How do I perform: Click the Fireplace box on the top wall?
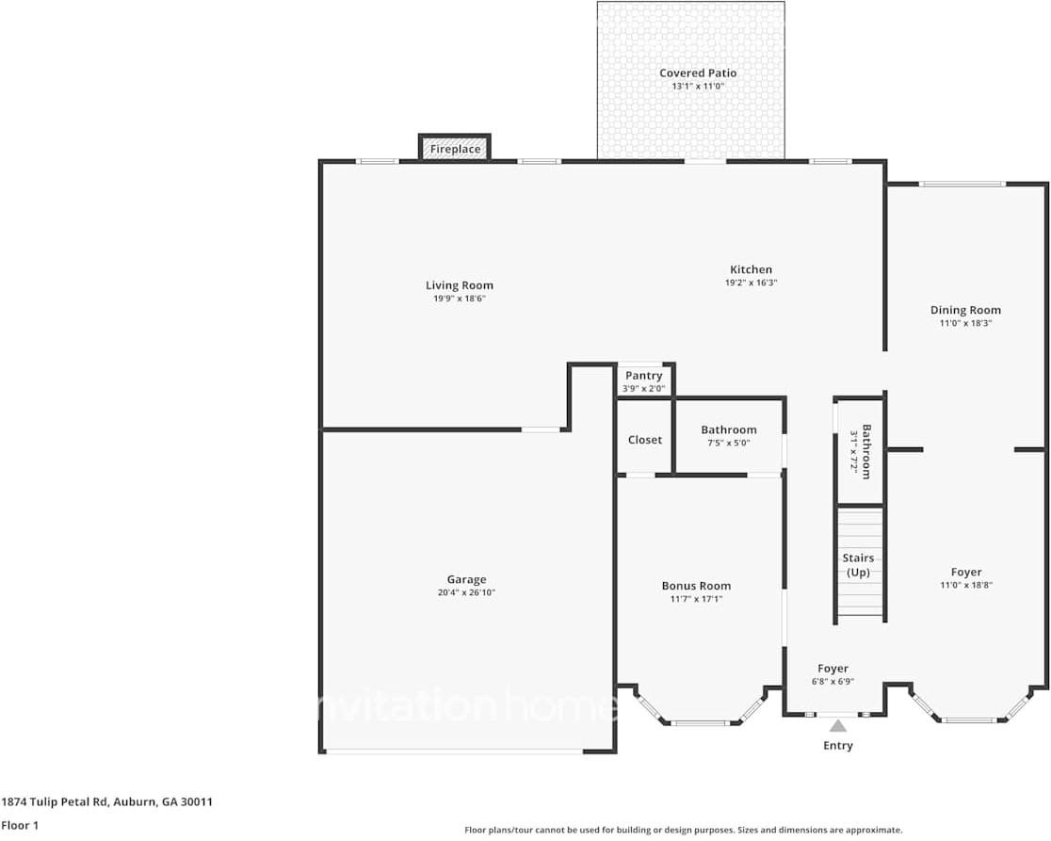[455, 149]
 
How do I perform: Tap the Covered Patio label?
[697, 73]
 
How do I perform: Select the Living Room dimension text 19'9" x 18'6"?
[459, 299]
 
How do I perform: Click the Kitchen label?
[751, 269]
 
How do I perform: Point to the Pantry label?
[643, 376]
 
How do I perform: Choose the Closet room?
[645, 440]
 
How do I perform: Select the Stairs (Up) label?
[858, 565]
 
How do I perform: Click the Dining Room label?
[965, 310]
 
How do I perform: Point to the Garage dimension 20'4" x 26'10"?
[466, 593]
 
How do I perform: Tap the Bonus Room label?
[696, 586]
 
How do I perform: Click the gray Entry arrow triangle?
[837, 725]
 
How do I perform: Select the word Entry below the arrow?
[837, 746]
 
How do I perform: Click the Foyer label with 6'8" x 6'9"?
[833, 669]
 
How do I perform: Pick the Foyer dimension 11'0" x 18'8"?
[965, 585]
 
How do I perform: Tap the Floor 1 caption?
[20, 825]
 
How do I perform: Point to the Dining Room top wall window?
[962, 184]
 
